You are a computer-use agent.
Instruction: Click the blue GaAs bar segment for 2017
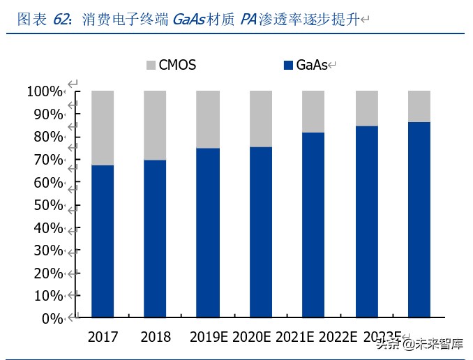tap(103, 241)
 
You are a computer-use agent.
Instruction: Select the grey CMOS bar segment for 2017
tap(103, 128)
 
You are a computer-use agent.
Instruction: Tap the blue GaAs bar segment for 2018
tap(155, 239)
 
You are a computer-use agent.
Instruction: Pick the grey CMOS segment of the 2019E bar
tap(208, 119)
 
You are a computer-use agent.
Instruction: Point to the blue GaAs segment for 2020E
tap(261, 232)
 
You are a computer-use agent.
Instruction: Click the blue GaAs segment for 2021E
tap(313, 225)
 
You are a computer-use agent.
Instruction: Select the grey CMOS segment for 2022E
tap(366, 108)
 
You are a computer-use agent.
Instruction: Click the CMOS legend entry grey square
tap(151, 66)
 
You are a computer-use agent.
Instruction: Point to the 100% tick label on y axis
tap(45, 91)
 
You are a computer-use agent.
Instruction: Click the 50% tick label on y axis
tap(48, 205)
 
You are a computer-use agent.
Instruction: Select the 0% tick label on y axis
tap(52, 319)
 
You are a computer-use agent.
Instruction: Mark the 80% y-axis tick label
tap(48, 137)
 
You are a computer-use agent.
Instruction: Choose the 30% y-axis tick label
tap(48, 250)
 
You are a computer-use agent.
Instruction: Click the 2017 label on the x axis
tap(103, 337)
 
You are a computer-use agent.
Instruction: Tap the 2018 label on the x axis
tap(155, 337)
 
